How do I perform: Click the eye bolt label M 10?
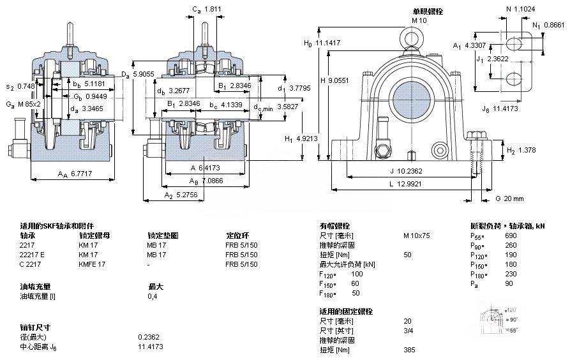pos(419,20)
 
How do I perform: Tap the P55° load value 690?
pos(511,236)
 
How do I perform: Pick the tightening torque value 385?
pos(409,350)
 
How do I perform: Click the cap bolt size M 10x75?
pos(416,236)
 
